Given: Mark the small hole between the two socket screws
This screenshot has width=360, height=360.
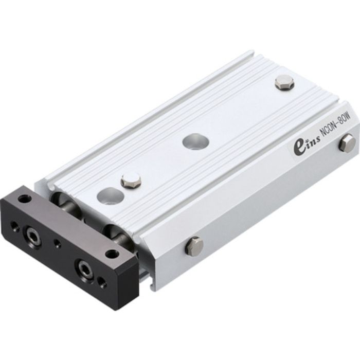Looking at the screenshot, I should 58,244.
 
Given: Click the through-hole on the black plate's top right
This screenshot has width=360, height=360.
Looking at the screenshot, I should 111,254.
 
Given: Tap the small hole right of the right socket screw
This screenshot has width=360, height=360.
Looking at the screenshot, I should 102,282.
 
